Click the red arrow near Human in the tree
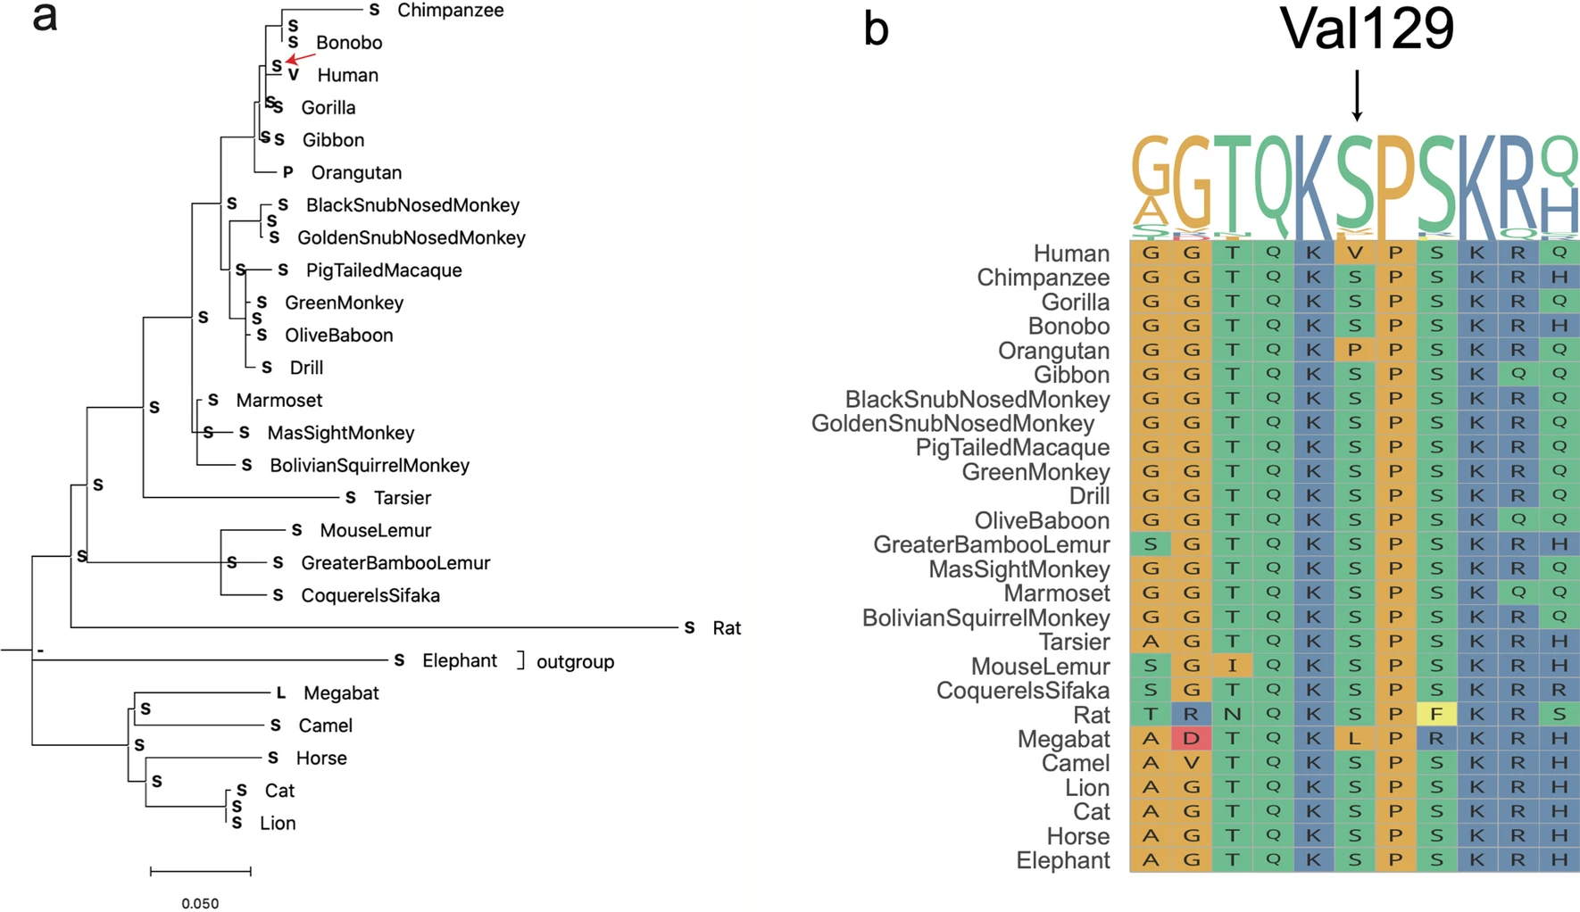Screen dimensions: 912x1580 pos(301,58)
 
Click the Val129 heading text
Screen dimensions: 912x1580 pos(1367,29)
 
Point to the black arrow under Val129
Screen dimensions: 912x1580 pos(1357,95)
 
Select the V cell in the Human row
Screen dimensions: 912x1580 pos(1355,253)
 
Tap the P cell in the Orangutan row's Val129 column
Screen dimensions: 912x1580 pos(1355,350)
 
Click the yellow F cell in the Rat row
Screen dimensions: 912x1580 pos(1436,714)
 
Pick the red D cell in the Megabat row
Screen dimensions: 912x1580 pos(1192,739)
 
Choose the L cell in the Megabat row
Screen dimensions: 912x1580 pos(1355,739)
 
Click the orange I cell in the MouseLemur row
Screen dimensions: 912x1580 pos(1232,666)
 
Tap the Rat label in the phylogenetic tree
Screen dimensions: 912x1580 pos(727,628)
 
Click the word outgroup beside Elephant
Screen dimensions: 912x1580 pos(575,662)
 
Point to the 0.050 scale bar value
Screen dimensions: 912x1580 pos(200,903)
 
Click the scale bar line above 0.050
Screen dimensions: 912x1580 pos(200,871)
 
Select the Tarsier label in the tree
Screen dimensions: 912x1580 pos(402,498)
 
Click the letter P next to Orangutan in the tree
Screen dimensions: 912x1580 pos(287,172)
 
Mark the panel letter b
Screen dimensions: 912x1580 pos(876,29)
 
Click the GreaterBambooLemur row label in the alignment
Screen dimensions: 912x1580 pos(991,545)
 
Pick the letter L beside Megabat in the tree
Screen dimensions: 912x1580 pos(280,692)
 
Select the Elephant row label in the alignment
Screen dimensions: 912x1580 pos(1062,861)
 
